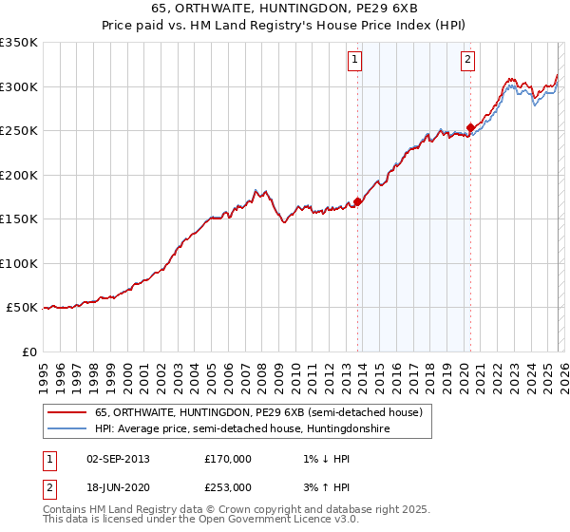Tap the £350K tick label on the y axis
[18, 43]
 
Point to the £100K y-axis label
[18, 263]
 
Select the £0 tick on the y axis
[29, 351]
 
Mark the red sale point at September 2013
[357, 201]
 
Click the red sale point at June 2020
[470, 127]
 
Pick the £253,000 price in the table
[228, 486]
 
